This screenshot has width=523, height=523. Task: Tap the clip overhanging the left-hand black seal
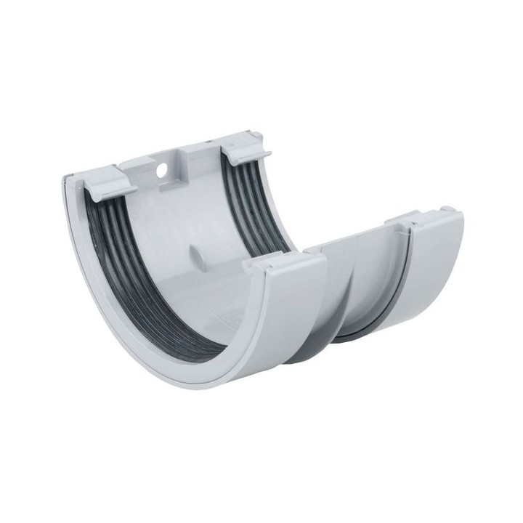[113, 179]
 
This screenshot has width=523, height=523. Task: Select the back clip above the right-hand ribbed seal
[245, 149]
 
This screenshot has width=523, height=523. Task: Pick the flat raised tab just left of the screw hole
[138, 166]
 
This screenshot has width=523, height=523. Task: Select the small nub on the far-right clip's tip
[452, 210]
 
